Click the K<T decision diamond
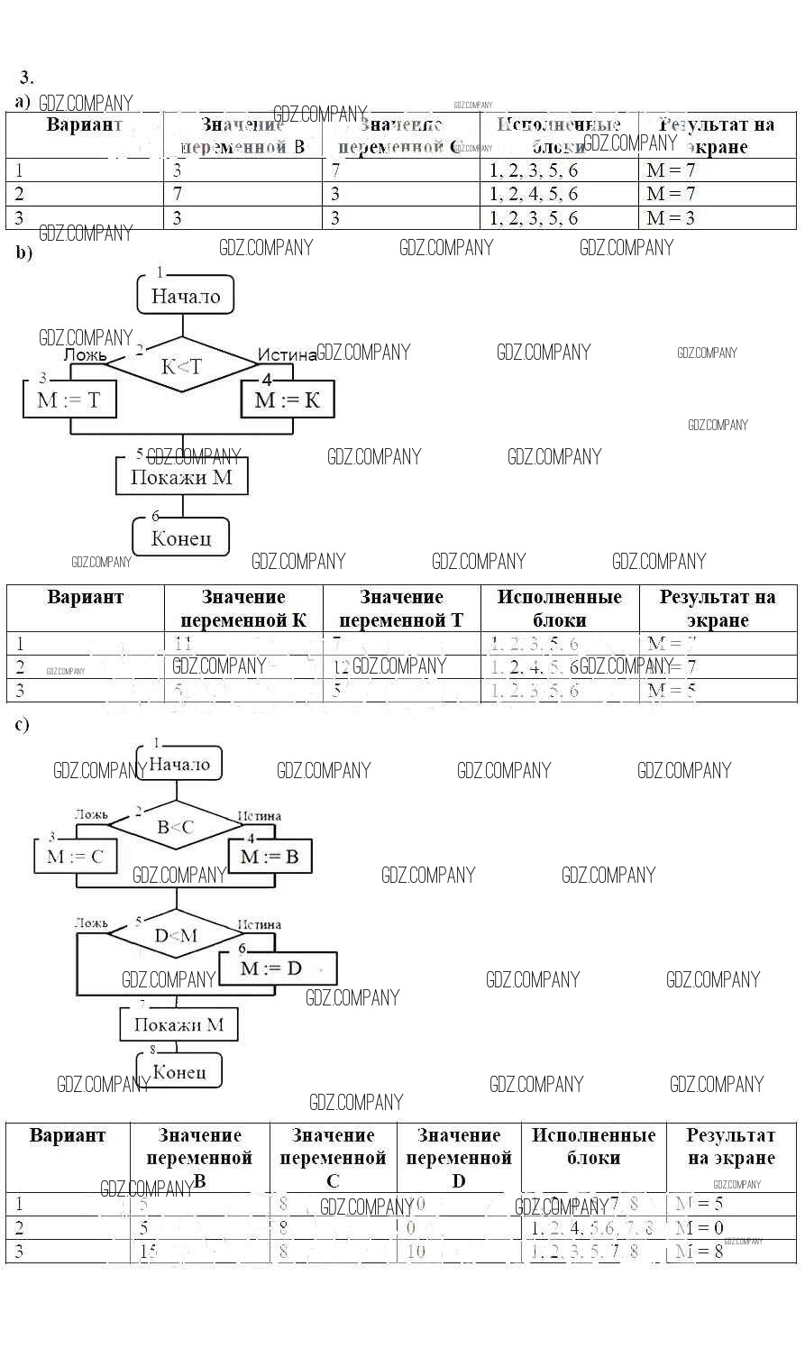coord(181,366)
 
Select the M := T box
coord(69,399)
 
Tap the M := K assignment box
coord(288,399)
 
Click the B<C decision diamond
coord(176,826)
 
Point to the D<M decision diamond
coord(176,935)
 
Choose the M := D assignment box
coord(271,968)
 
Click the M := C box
coord(76,857)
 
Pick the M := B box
coord(270,857)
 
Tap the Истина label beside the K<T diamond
coord(288,355)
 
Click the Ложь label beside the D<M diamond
coord(91,923)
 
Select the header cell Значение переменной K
coord(243,609)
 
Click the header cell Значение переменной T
coord(401,609)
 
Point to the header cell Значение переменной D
coord(459,1158)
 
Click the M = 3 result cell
coord(718,218)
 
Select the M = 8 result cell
coord(730,1252)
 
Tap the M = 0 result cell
coord(730,1228)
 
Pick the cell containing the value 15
coord(199,1252)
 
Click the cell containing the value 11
coord(243,644)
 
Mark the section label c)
coord(23,725)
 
